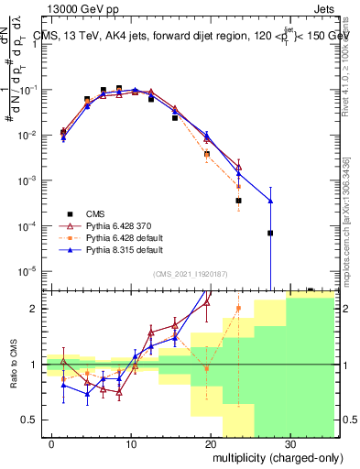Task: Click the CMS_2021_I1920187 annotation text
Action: (190, 273)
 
